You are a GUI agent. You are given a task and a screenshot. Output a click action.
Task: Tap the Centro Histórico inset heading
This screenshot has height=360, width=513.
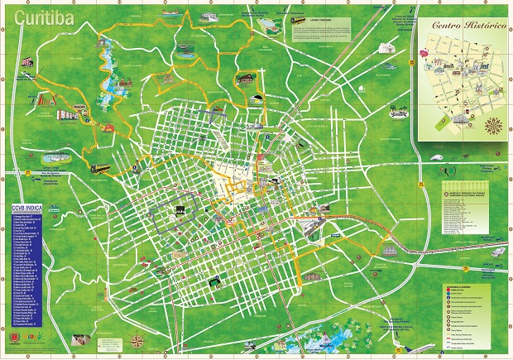(x=468, y=26)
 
